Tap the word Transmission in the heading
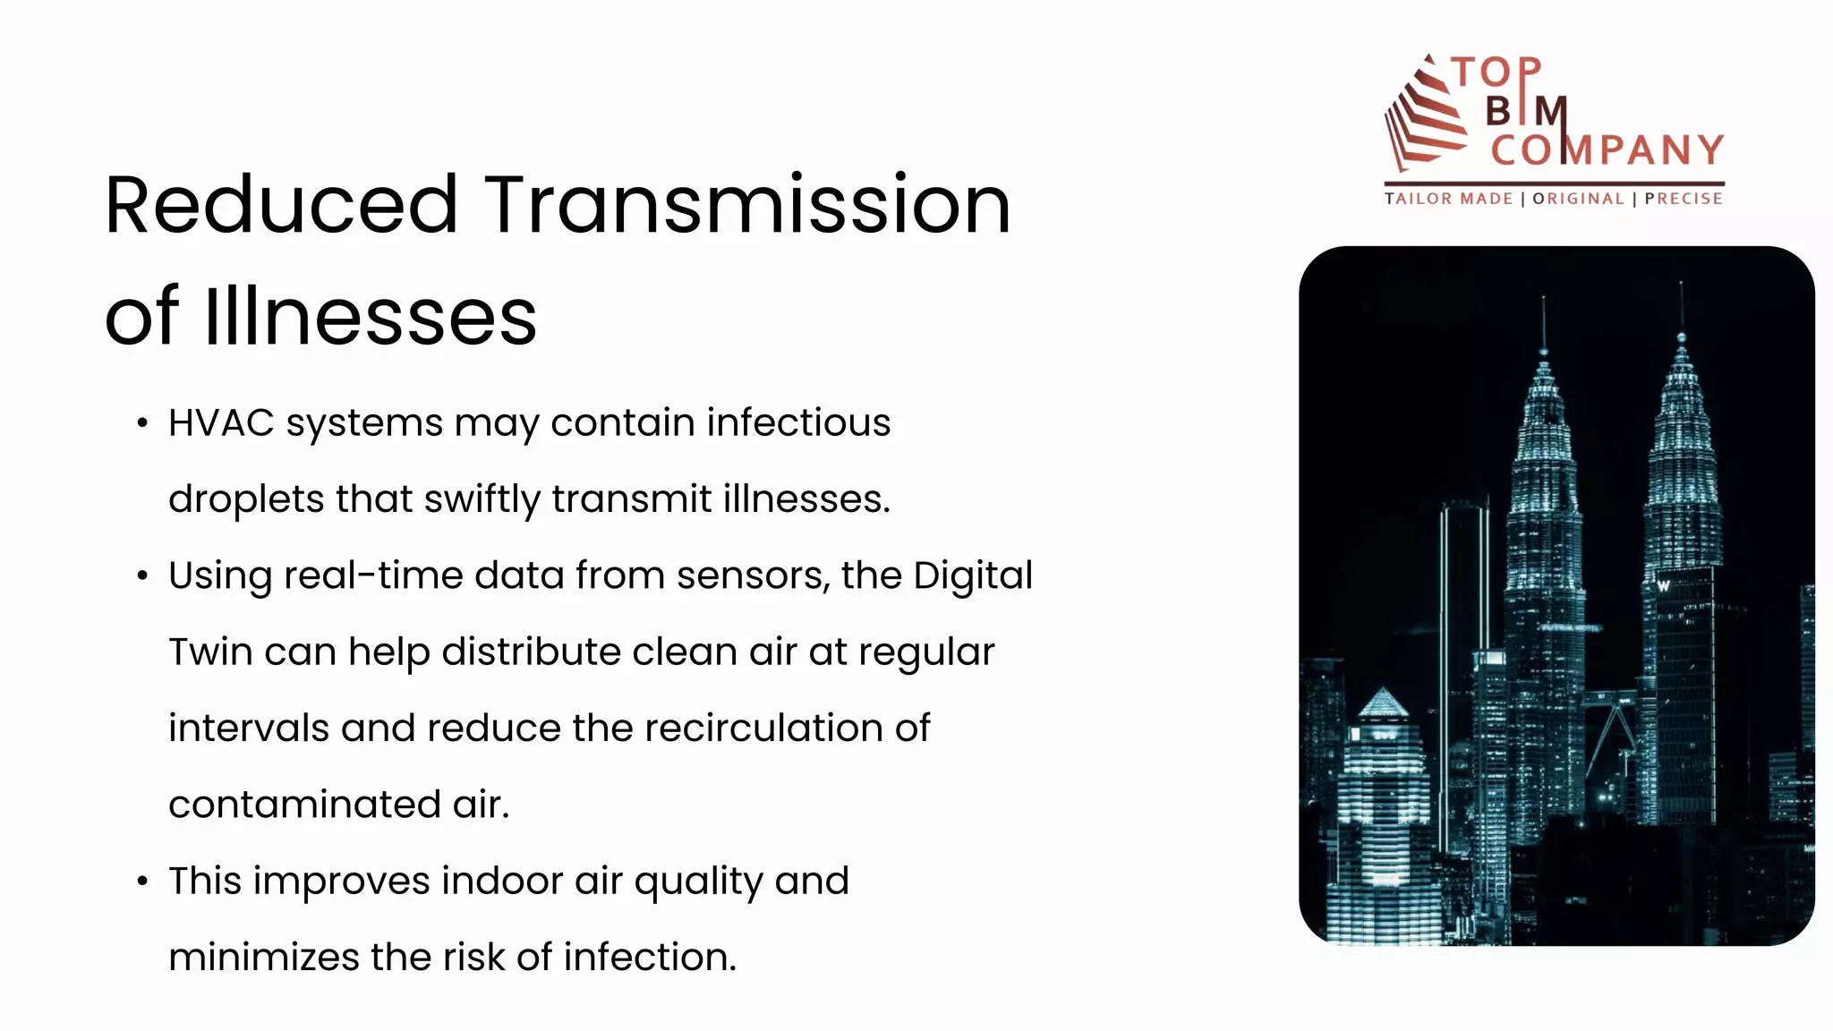pos(748,206)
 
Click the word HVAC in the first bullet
pos(221,423)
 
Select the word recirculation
pos(763,729)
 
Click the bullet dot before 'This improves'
pos(142,882)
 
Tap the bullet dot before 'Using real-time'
pos(142,576)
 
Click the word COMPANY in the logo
pos(1607,150)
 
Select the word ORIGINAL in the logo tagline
pos(1578,199)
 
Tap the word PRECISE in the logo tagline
pos(1684,199)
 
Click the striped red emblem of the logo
pos(1425,115)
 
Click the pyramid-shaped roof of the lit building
pos(1383,703)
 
